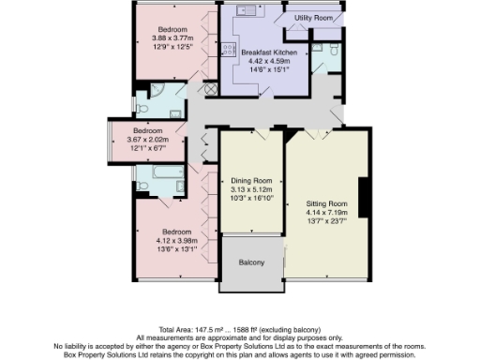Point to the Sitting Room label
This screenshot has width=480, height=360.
coord(326,202)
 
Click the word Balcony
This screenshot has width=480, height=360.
coord(251,262)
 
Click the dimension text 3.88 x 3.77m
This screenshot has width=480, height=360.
coord(172,37)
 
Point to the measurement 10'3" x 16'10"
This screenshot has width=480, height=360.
coord(251,198)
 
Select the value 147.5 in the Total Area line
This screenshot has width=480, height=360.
coord(206,330)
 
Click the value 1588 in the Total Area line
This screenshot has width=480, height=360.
coord(247,330)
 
